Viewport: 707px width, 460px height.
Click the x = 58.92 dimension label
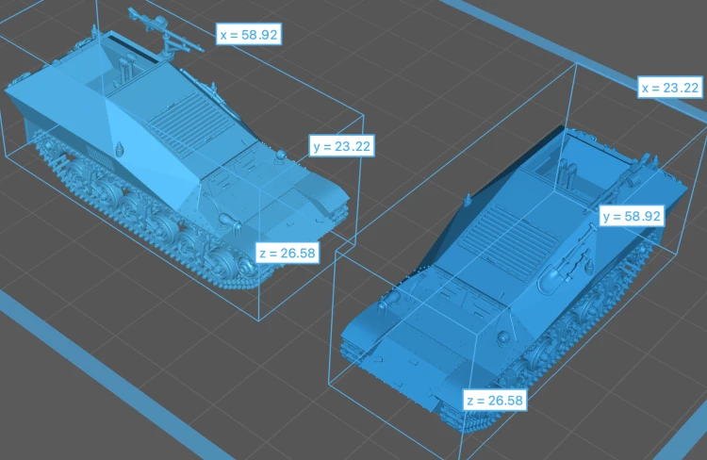coord(249,34)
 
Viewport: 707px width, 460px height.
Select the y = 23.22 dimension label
coord(342,146)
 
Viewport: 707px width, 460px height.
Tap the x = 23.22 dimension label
coord(670,88)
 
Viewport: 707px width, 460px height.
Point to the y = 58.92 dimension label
coord(632,217)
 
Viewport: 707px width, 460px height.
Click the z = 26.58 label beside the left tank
coord(288,253)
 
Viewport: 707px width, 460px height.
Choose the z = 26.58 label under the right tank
coord(495,401)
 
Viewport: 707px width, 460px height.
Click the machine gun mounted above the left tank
coord(166,30)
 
